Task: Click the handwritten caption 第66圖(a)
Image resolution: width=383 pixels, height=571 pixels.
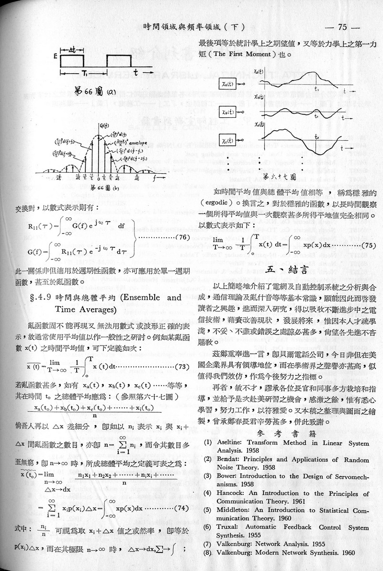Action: click(92, 92)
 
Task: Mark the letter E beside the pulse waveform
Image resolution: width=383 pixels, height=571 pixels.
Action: click(56, 56)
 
